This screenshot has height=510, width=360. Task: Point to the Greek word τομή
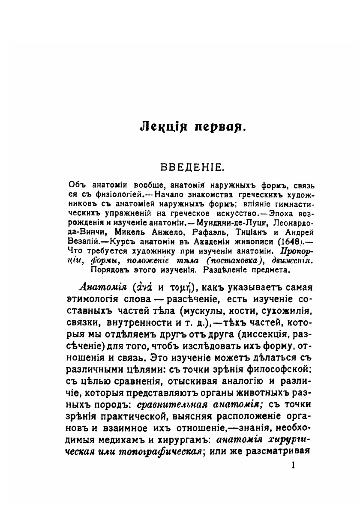coord(178,287)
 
